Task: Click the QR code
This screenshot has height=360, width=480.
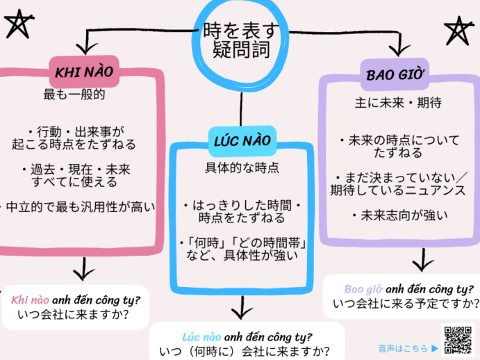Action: point(457,340)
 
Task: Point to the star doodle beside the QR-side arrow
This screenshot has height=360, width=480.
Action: point(458,31)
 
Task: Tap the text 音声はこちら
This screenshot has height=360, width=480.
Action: point(403,347)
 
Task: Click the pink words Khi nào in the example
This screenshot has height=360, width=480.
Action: point(28,300)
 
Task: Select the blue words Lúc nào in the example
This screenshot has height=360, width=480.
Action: point(201,336)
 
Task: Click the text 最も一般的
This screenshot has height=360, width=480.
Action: point(74,94)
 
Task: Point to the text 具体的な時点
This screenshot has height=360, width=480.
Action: point(242,167)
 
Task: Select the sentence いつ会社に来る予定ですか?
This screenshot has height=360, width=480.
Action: point(406,304)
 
